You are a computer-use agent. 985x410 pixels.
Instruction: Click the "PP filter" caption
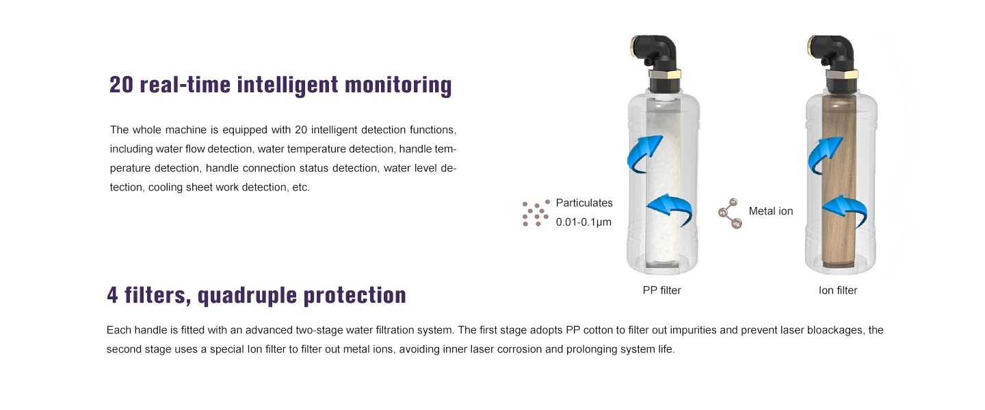(x=661, y=290)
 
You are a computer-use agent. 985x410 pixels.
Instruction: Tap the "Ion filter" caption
(x=838, y=290)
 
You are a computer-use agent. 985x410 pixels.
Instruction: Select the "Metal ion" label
(x=771, y=211)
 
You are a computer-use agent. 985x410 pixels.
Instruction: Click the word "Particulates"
(x=584, y=203)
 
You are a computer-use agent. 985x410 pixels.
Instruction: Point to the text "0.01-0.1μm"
(x=583, y=222)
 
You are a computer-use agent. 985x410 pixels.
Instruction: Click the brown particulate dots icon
(x=536, y=213)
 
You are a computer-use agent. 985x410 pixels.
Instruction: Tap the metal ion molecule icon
(x=730, y=214)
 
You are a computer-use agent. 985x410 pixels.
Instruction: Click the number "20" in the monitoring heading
(x=121, y=85)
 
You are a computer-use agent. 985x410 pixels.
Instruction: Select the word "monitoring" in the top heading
(x=398, y=85)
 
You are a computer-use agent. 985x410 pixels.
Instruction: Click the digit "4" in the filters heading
(x=113, y=295)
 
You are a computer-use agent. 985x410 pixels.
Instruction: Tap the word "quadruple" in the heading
(x=247, y=296)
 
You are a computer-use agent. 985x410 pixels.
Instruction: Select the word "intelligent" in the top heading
(x=287, y=85)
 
